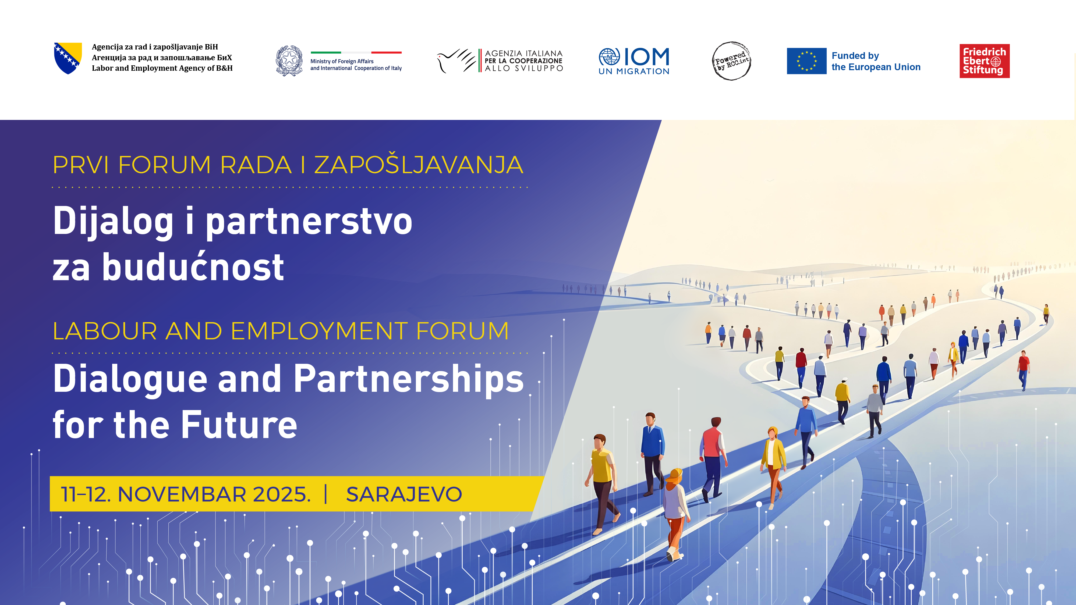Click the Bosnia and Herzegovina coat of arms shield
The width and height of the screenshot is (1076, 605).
pyautogui.click(x=68, y=58)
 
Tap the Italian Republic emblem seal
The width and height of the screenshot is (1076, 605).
pyautogui.click(x=289, y=60)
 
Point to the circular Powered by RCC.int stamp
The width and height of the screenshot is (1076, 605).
pyautogui.click(x=731, y=61)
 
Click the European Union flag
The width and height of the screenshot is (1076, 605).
pyautogui.click(x=806, y=61)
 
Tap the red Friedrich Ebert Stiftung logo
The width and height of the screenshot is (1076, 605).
pyautogui.click(x=985, y=61)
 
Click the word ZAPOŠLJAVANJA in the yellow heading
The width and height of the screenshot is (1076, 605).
pyautogui.click(x=419, y=165)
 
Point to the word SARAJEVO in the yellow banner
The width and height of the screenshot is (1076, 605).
pyautogui.click(x=404, y=494)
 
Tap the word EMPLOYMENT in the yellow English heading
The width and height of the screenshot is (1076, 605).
pyautogui.click(x=319, y=331)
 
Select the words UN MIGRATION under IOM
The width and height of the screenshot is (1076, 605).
pyautogui.click(x=634, y=72)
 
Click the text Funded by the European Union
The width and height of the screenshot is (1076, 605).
pyautogui.click(x=876, y=61)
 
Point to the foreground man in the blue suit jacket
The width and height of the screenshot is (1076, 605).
pyautogui.click(x=652, y=453)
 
